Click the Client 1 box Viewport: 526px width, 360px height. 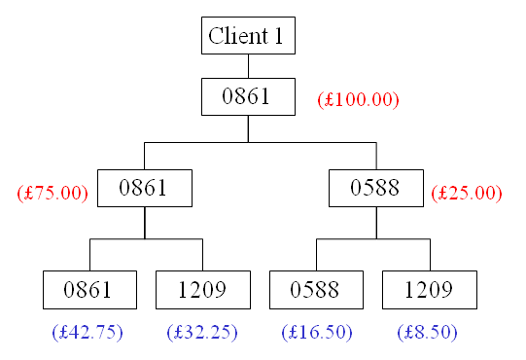[248, 36]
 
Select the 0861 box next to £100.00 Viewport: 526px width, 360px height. [248, 96]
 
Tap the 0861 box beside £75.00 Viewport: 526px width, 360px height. [145, 188]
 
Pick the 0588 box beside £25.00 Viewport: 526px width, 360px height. [376, 188]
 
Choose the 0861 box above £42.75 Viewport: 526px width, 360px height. [89, 290]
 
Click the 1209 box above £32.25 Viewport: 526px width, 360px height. [202, 290]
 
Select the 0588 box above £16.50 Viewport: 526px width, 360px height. [316, 290]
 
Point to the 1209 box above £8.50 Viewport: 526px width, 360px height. [430, 290]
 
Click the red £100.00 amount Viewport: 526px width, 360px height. [359, 99]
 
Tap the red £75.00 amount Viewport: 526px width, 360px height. [53, 193]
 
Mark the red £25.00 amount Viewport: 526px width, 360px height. [467, 193]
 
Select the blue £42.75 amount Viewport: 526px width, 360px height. [88, 332]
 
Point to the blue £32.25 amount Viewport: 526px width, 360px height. [202, 332]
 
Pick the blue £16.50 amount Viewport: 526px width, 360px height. [316, 332]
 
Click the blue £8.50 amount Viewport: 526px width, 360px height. [427, 332]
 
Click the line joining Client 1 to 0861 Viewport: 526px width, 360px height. [248, 66]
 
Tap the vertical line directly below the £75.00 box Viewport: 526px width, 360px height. [145, 223]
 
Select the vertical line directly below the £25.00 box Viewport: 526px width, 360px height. [376, 223]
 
